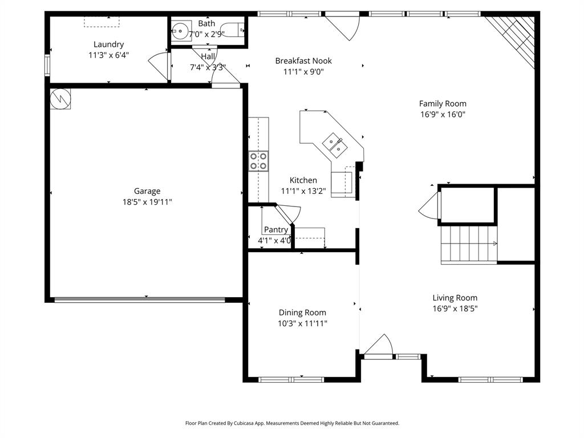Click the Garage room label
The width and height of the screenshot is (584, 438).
pos(147,191)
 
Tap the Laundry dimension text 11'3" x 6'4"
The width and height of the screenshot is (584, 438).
pos(108,55)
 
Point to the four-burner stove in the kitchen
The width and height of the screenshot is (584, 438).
pos(258,161)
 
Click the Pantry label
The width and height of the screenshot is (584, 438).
pos(275,229)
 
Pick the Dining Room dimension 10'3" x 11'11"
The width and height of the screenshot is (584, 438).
pos(302,323)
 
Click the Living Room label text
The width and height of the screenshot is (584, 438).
pos(455,298)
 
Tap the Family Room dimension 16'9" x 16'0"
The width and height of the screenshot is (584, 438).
pos(443,114)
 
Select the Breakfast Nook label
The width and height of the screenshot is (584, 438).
pos(303,61)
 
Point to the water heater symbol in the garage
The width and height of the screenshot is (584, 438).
pos(60,99)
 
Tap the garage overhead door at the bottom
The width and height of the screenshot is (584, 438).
pos(147,299)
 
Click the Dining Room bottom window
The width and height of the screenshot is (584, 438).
pos(291,379)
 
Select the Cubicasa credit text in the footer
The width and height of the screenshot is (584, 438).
pos(292,423)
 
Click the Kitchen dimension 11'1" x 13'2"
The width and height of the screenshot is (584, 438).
pos(303,191)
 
